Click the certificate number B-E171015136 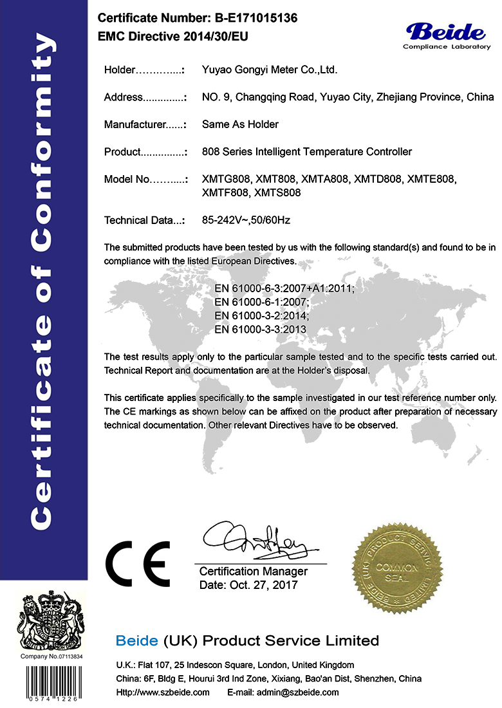243,19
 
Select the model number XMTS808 278,192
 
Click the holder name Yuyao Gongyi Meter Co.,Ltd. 270,70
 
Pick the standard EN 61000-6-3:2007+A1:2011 284,289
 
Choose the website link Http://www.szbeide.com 163,693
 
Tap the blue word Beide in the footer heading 136,640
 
